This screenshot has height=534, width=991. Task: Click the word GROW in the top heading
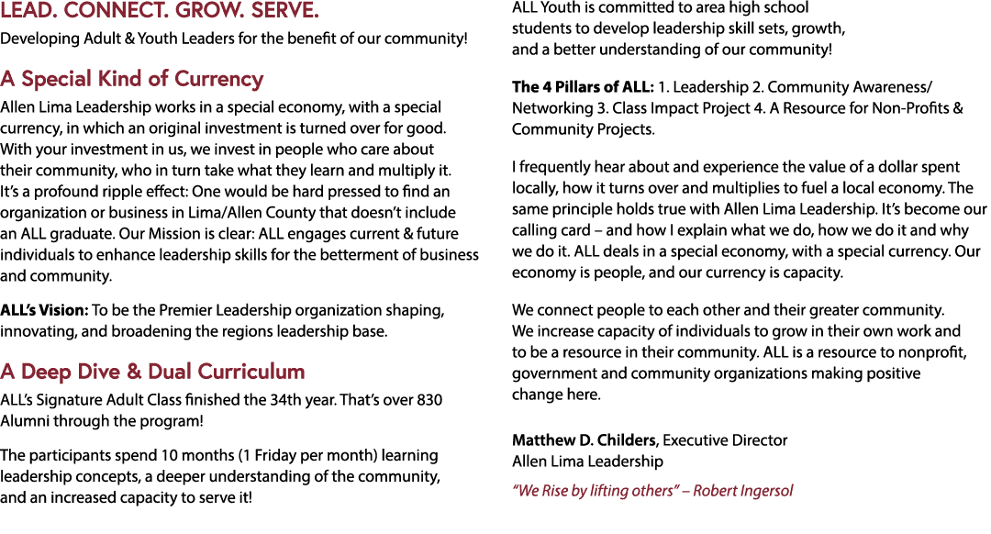point(212,11)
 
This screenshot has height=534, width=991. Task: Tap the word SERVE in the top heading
point(285,11)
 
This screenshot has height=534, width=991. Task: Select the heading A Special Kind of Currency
point(131,79)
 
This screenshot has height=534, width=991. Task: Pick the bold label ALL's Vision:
point(44,310)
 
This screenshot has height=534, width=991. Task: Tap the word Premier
point(185,310)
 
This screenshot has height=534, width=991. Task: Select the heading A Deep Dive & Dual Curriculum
point(152,372)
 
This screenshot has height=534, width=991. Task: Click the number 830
point(429,400)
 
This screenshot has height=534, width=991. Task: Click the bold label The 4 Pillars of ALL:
point(583,87)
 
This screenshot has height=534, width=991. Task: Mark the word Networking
point(552,108)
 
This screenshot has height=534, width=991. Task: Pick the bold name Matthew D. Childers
point(584,440)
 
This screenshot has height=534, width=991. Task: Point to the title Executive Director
point(725,440)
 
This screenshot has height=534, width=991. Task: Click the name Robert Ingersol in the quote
point(742,491)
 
